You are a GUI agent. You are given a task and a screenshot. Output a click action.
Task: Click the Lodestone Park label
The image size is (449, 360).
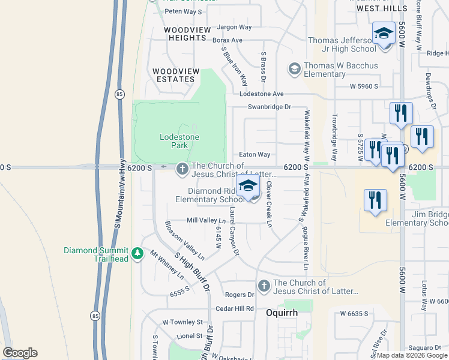pos(179,142)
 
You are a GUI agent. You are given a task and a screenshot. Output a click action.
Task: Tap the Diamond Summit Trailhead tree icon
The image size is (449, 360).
pos(138,254)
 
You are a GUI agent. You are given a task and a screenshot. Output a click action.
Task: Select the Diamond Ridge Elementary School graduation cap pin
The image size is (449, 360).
pos(247,187)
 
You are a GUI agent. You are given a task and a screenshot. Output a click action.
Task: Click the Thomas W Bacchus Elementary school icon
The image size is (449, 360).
pos(294,70)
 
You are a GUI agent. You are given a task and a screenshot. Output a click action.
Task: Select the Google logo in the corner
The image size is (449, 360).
pos(20,353)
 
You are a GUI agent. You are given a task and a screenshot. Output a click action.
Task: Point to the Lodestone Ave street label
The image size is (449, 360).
pos(261,94)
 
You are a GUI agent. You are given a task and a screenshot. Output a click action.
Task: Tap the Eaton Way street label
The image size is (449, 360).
pos(255,155)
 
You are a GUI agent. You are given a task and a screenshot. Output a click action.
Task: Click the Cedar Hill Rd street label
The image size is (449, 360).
pos(235,308)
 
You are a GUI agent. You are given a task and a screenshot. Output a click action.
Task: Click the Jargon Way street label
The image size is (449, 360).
pos(234,27)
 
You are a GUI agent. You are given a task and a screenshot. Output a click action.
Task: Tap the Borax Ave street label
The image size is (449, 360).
pos(227,40)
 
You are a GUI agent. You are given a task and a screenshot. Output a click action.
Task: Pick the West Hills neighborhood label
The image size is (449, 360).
pos(382,8)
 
